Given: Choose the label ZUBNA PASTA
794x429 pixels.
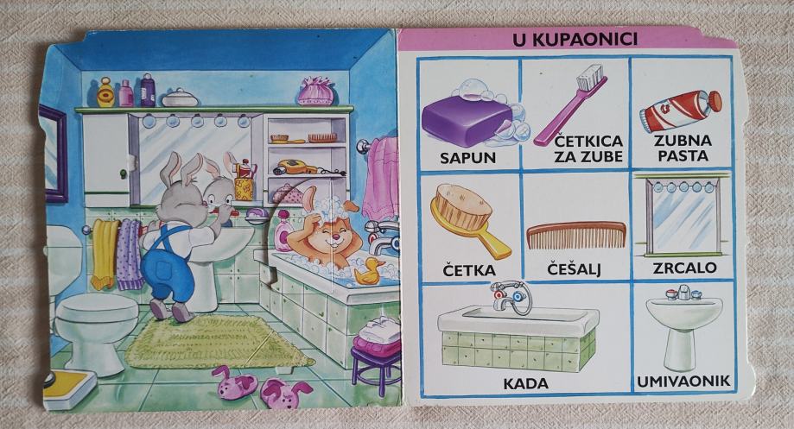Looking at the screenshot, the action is coord(683,148).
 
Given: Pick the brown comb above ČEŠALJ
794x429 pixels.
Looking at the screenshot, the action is coord(576,236).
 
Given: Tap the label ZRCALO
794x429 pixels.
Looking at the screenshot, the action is coord(686,268).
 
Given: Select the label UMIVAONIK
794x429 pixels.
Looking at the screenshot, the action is coord(683,381).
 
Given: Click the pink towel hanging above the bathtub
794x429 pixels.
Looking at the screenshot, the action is coord(379,177).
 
